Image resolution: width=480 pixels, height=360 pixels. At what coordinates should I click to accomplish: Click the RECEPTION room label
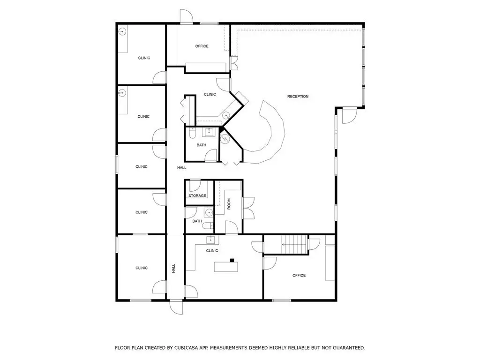coord(298,97)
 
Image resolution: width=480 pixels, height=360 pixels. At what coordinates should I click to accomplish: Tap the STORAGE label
coord(197,195)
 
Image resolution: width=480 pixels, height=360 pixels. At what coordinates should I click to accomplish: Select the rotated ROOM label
coord(229,204)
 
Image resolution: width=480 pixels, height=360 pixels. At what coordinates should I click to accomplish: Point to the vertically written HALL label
coord(173,269)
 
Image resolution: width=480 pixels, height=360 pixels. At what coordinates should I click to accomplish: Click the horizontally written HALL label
coord(182,167)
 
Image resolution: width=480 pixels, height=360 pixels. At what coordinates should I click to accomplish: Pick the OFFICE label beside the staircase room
coord(299,275)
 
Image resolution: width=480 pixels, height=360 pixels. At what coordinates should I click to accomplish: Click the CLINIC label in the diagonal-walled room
coord(210,94)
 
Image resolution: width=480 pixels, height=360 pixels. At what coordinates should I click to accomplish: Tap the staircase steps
coord(294,244)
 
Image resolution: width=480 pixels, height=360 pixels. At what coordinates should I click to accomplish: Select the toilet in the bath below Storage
coord(208,225)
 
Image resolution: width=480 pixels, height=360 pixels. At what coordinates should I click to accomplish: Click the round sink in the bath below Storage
coord(209,211)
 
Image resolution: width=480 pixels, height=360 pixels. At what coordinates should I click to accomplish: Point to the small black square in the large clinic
coord(232,260)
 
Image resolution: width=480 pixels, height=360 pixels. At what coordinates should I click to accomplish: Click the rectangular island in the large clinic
coord(226,267)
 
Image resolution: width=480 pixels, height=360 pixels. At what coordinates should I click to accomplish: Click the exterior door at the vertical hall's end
coord(176,307)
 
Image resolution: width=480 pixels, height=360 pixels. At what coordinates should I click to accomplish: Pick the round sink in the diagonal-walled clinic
coord(226,115)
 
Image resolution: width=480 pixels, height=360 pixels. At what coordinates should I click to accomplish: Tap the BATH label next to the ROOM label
coord(197,221)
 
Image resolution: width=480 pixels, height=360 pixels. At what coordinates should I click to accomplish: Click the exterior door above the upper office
coord(186,16)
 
